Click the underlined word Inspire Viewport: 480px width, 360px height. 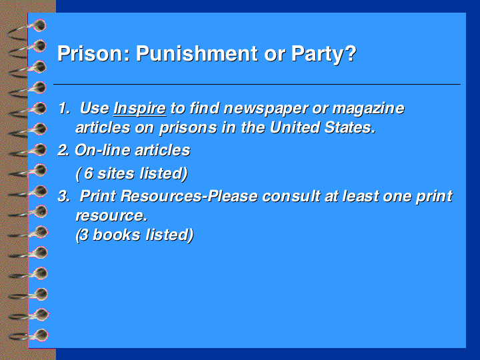coord(139,109)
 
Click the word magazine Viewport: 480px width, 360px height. coord(368,109)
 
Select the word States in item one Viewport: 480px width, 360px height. coord(349,128)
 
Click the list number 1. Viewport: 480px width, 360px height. coord(64,109)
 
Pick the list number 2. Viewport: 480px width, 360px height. coord(63,151)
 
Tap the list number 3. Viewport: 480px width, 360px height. coord(64,197)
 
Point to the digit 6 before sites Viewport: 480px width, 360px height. coord(89,173)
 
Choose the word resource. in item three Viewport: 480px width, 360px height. coord(112,216)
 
